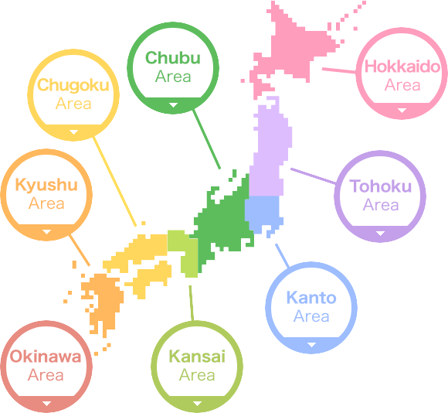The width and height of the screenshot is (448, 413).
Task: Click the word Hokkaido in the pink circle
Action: (x=402, y=67)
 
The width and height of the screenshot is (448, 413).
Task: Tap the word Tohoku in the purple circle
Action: (x=380, y=186)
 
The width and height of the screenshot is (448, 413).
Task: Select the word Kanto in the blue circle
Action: (x=311, y=298)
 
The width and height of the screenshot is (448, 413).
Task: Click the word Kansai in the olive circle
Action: (x=197, y=357)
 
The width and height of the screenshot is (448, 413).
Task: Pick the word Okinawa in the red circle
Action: (x=46, y=357)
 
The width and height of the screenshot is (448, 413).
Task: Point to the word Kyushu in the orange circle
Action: (x=46, y=186)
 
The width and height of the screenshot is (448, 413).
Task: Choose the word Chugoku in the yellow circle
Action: (x=73, y=85)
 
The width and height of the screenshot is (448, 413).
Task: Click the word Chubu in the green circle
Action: (x=173, y=58)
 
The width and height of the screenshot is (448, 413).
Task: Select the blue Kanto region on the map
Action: (x=261, y=210)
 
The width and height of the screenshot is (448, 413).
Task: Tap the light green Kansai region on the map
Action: (x=184, y=251)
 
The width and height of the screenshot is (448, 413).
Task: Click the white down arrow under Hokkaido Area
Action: (x=402, y=110)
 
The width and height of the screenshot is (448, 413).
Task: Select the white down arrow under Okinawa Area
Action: (x=46, y=403)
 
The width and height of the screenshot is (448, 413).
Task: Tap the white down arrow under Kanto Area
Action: (x=311, y=344)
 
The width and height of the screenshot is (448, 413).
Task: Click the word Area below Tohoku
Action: (x=380, y=205)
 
